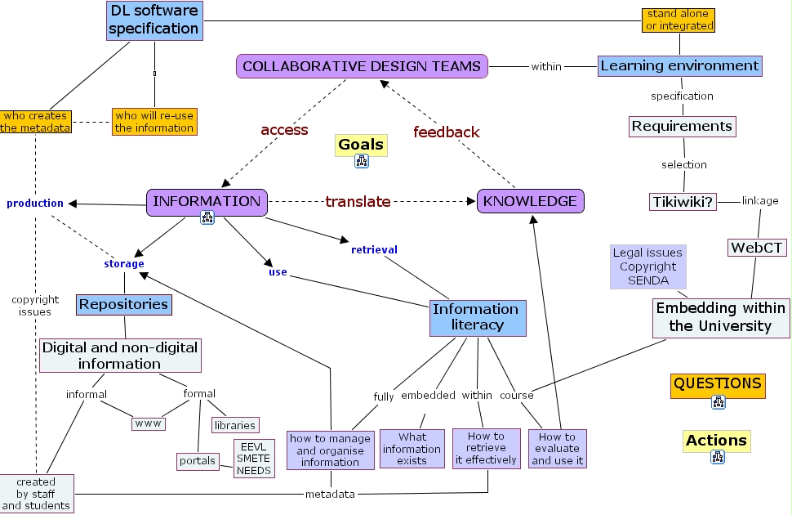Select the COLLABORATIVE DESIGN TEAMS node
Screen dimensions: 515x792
[362, 66]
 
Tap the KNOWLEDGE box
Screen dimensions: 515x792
[531, 201]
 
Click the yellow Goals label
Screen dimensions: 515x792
[361, 145]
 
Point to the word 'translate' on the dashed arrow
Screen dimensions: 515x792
[358, 201]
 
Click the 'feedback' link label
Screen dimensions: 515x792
[446, 132]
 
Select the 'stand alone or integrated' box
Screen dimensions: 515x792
[679, 20]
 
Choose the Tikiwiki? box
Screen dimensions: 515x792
[683, 201]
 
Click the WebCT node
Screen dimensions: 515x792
[757, 247]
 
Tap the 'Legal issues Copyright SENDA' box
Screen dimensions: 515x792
[648, 266]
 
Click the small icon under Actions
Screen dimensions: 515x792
[718, 457]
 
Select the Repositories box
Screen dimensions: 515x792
[124, 305]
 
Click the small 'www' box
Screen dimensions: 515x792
[149, 423]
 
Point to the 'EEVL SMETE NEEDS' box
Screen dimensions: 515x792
[254, 459]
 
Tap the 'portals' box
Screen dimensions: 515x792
[198, 461]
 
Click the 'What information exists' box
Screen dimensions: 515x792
[412, 449]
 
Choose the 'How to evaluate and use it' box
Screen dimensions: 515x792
[558, 449]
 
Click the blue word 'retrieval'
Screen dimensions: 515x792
[374, 249]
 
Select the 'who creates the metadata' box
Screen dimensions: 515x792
[34, 122]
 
